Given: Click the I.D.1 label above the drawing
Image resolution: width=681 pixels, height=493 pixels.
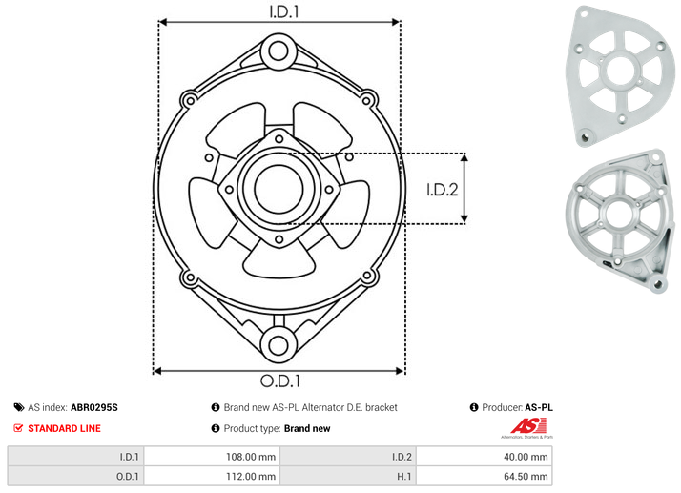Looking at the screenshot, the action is point(284,11).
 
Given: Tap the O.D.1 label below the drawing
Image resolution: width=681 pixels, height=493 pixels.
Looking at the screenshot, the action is point(280,380).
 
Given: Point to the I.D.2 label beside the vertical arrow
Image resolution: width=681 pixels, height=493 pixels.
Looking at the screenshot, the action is point(443,190).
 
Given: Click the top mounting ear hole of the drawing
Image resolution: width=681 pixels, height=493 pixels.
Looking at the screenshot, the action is point(279,51).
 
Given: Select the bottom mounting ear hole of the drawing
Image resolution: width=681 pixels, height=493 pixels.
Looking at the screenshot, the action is point(279,345).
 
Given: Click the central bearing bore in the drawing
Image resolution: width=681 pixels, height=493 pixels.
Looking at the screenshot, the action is point(279,189).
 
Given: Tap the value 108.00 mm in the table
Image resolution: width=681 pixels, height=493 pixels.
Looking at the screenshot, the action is point(251,457).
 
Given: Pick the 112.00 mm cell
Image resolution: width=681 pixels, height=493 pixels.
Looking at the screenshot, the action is point(251,477).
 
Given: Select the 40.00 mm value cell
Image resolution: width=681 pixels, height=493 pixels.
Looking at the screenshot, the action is point(526,457).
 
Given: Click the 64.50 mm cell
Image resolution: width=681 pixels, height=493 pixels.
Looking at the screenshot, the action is point(526,477).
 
